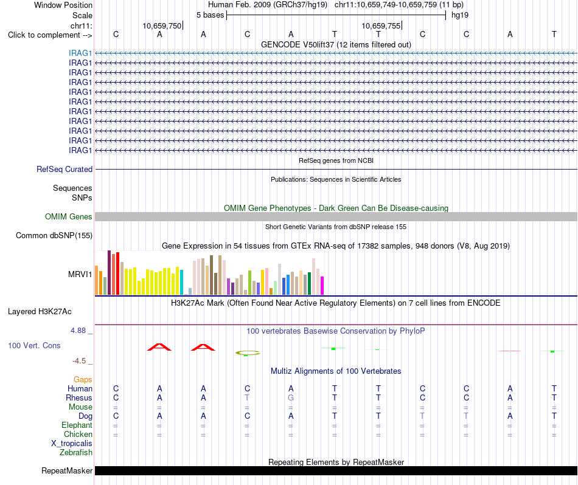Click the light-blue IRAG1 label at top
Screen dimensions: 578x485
pyautogui.click(x=80, y=53)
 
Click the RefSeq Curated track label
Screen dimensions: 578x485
pyautogui.click(x=64, y=170)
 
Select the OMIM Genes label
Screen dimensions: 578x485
pyautogui.click(x=69, y=216)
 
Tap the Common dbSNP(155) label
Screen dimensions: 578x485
pyautogui.click(x=54, y=236)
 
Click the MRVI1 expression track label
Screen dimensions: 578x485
pyautogui.click(x=80, y=274)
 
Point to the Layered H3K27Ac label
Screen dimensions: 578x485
pyautogui.click(x=40, y=312)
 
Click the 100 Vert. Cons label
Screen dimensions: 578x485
pyautogui.click(x=34, y=345)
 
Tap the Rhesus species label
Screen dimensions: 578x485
pyautogui.click(x=79, y=397)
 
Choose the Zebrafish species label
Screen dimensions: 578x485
pyautogui.click(x=76, y=453)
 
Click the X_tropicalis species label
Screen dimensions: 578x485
pyautogui.click(x=72, y=444)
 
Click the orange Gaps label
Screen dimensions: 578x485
pyautogui.click(x=83, y=380)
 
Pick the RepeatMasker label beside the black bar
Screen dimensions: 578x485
pyautogui.click(x=67, y=470)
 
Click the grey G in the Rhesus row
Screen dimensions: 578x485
pyautogui.click(x=291, y=397)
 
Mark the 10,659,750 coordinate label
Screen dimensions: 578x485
pyautogui.click(x=162, y=26)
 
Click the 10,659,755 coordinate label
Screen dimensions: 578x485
pyautogui.click(x=381, y=26)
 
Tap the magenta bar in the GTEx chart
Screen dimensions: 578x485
pyautogui.click(x=322, y=286)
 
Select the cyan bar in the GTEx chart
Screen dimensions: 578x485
pyautogui.click(x=182, y=283)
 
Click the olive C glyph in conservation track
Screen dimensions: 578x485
pyautogui.click(x=248, y=353)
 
